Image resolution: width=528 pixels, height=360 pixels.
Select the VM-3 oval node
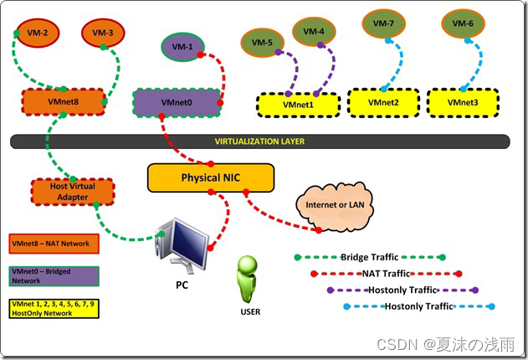click(x=103, y=33)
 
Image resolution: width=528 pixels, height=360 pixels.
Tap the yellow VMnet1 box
click(x=296, y=105)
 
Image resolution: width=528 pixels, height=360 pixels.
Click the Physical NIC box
click(x=210, y=177)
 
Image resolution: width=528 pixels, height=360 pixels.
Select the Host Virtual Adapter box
click(x=71, y=191)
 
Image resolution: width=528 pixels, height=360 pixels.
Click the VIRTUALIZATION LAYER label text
click(x=259, y=141)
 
